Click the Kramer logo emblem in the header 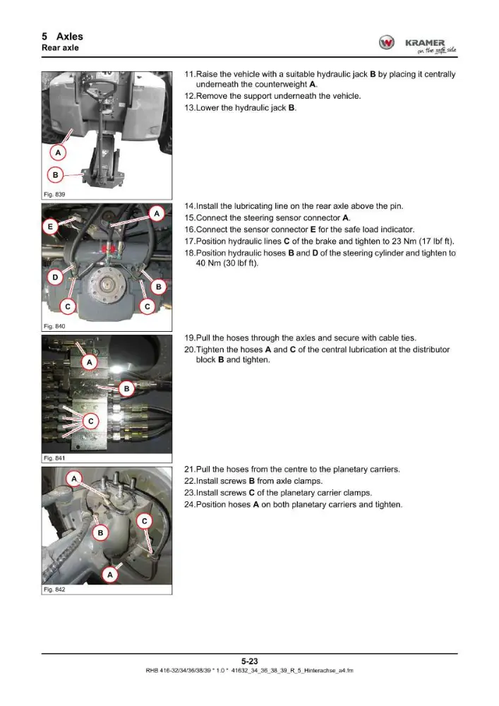click(386, 43)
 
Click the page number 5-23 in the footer click(249, 661)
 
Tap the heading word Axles click(70, 37)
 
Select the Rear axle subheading click(60, 48)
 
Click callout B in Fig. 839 click(55, 174)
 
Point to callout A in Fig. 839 click(58, 153)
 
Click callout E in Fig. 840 click(50, 227)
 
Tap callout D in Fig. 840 click(55, 277)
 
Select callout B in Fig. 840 click(158, 287)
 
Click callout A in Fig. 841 click(90, 362)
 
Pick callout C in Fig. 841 click(91, 421)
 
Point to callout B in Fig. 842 click(100, 532)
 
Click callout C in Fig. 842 click(145, 521)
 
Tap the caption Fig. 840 click(54, 326)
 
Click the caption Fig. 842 click(54, 590)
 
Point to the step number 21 click(189, 469)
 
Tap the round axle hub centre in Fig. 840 click(107, 285)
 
